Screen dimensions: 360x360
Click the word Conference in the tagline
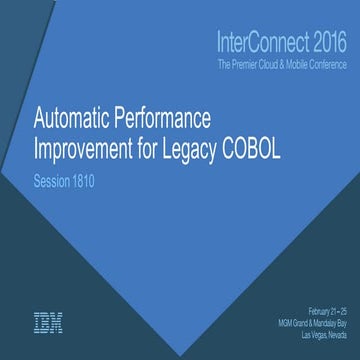[331, 65]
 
